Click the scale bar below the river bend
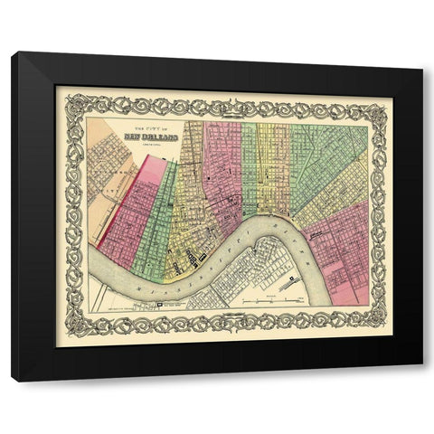coord(270,297)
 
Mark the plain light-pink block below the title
coord(151,172)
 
